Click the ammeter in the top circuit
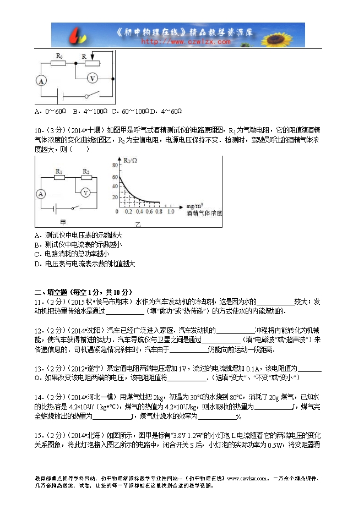pos(40,80)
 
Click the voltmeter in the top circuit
pos(93,78)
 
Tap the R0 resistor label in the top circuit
pos(59,56)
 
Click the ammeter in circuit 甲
pos(40,194)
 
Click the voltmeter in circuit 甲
pos(85,193)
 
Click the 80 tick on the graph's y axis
pos(115,165)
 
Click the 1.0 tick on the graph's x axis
pos(170,211)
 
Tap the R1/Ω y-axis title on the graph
pos(130,161)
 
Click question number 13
pos(38,368)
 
